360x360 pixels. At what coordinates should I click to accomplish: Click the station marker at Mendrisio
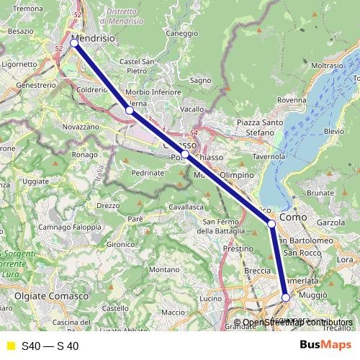click(74, 43)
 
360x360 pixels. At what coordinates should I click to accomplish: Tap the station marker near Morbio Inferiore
click(129, 111)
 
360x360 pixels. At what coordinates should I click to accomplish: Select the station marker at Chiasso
click(185, 154)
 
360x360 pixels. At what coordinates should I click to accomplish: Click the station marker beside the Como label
click(271, 224)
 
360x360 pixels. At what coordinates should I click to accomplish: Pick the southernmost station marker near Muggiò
click(285, 297)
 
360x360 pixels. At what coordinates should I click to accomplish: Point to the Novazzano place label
click(80, 126)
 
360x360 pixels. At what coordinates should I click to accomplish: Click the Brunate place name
click(320, 193)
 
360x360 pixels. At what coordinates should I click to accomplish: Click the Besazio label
click(20, 32)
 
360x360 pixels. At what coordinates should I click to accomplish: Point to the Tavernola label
click(269, 156)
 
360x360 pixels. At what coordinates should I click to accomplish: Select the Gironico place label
click(121, 245)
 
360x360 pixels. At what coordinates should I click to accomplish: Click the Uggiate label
click(35, 181)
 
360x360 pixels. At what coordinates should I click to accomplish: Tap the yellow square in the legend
click(11, 346)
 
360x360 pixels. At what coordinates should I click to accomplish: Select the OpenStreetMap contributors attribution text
click(297, 323)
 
